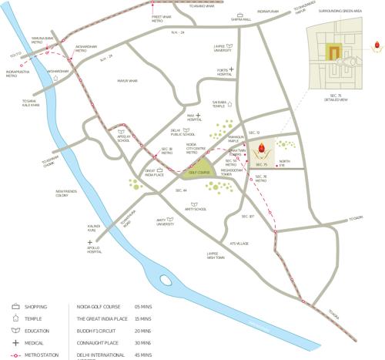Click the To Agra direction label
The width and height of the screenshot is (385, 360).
pos(333,313)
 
